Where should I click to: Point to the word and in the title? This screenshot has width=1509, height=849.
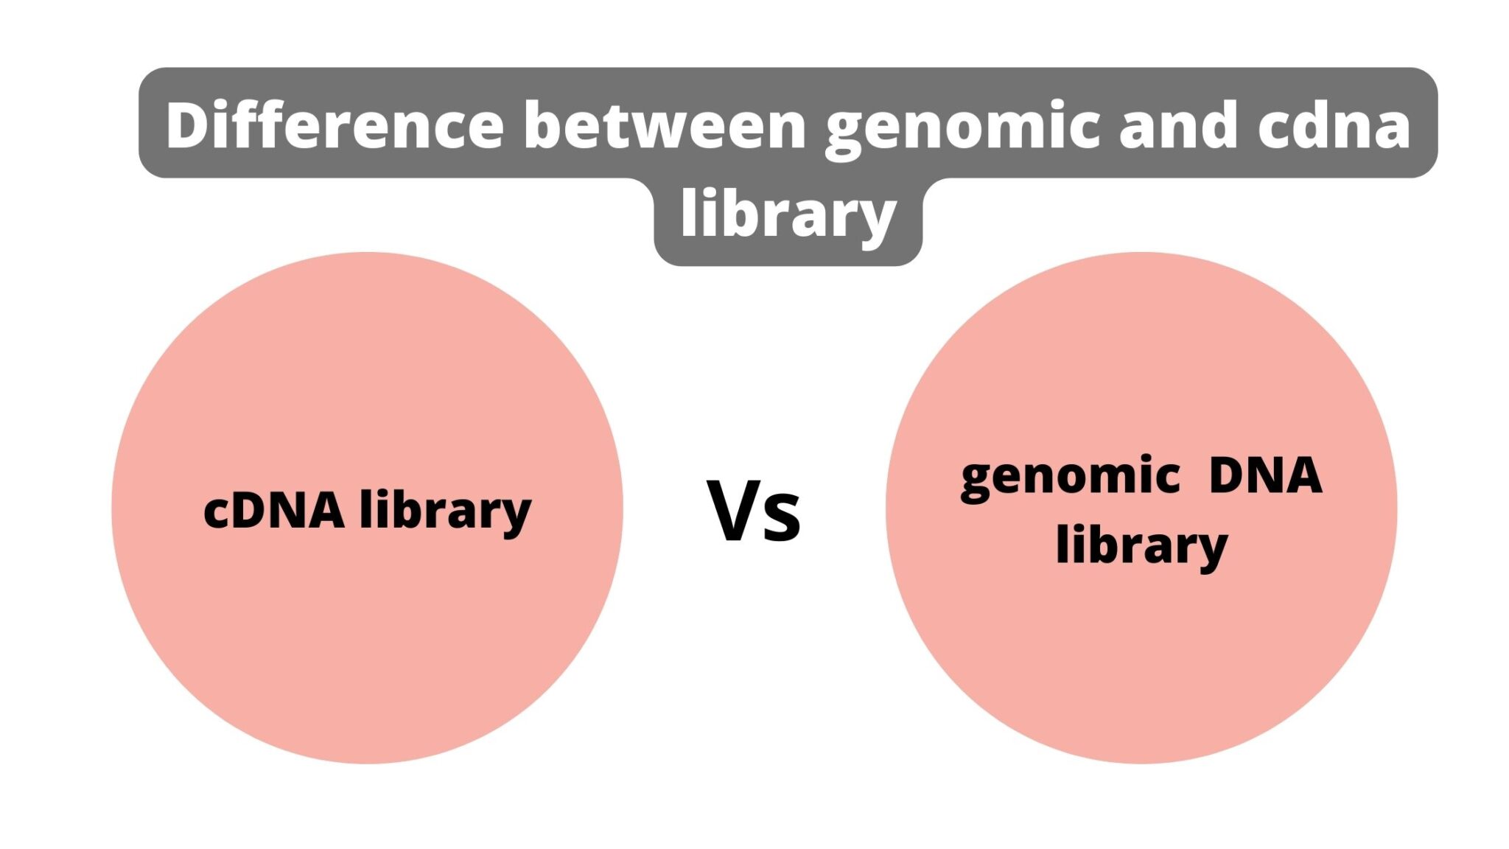pyautogui.click(x=1178, y=125)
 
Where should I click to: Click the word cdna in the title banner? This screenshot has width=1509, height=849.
pyautogui.click(x=1334, y=125)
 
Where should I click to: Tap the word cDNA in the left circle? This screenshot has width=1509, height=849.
pyautogui.click(x=273, y=510)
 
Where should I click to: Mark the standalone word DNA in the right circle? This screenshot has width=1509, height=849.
pyautogui.click(x=1265, y=475)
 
